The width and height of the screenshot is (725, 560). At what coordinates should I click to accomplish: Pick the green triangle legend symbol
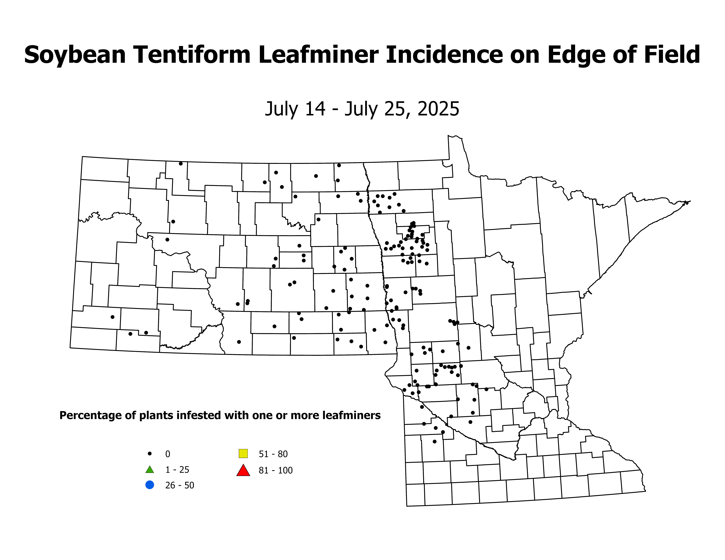coord(150,470)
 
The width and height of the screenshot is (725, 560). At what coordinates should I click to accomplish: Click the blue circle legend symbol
coord(150,485)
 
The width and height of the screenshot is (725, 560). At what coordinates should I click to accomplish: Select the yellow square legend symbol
coord(243,453)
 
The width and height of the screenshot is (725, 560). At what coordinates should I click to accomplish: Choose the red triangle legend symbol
coord(243,470)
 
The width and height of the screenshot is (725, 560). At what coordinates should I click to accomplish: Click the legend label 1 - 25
coord(177,470)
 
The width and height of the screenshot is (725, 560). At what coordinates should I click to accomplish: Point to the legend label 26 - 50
coord(180,485)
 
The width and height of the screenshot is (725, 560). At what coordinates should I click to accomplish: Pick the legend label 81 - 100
coord(275,470)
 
